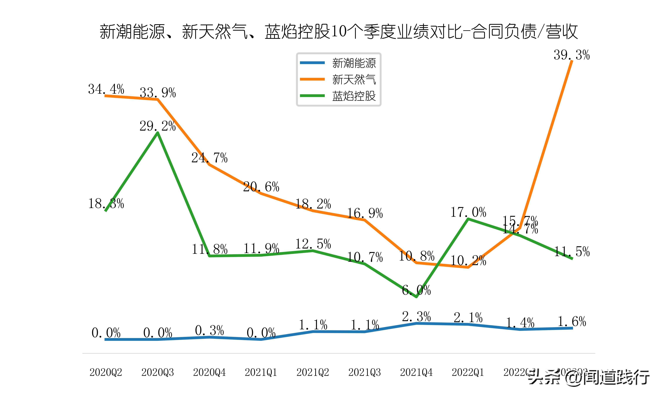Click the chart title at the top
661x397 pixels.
339,32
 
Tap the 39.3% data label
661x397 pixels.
572,55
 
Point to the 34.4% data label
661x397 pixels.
106,89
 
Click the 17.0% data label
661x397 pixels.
468,212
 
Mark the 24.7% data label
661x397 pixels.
209,158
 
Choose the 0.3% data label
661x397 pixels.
209,330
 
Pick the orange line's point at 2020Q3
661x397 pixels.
158,99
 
